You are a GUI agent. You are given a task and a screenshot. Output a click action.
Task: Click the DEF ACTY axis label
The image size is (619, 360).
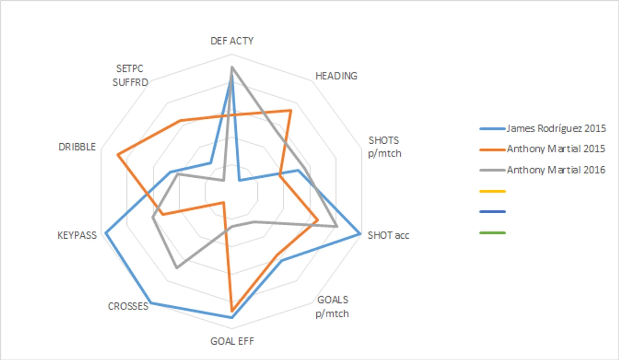click(232, 41)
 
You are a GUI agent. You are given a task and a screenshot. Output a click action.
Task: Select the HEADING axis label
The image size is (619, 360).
click(336, 76)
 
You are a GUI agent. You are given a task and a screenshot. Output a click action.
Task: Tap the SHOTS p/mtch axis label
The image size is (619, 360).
click(384, 147)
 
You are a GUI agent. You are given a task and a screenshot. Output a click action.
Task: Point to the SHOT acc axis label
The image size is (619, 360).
click(388, 235)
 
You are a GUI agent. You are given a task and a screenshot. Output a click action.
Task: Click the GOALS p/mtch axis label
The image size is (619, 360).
click(332, 307)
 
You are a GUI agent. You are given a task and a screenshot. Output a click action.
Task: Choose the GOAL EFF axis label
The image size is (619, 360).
click(232, 341)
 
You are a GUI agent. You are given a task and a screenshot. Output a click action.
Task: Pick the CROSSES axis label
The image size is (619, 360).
click(128, 306)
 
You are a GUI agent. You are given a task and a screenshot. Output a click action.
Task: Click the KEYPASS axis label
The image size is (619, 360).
click(77, 235)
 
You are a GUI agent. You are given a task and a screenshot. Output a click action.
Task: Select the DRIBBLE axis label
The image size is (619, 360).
click(77, 147)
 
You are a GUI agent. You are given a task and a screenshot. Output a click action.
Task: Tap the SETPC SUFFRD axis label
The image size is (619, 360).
click(130, 75)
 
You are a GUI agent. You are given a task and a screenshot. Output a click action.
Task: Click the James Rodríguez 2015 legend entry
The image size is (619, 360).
click(556, 128)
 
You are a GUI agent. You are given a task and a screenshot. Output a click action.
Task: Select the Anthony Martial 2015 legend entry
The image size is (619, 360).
click(556, 149)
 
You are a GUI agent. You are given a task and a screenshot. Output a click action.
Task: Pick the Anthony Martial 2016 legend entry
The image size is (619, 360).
click(556, 170)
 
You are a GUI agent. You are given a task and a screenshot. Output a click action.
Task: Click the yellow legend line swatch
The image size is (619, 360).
click(492, 191)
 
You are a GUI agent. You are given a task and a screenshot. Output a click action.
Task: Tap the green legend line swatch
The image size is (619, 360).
click(492, 233)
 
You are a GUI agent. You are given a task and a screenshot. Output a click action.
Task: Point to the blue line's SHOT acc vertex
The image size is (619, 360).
click(360, 234)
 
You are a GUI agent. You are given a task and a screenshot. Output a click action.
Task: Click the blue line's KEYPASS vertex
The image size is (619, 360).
click(106, 232)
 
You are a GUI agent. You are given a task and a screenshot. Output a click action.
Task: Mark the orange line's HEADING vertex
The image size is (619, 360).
click(290, 111)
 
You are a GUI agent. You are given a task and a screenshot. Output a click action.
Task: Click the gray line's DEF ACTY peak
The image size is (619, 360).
click(231, 67)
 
